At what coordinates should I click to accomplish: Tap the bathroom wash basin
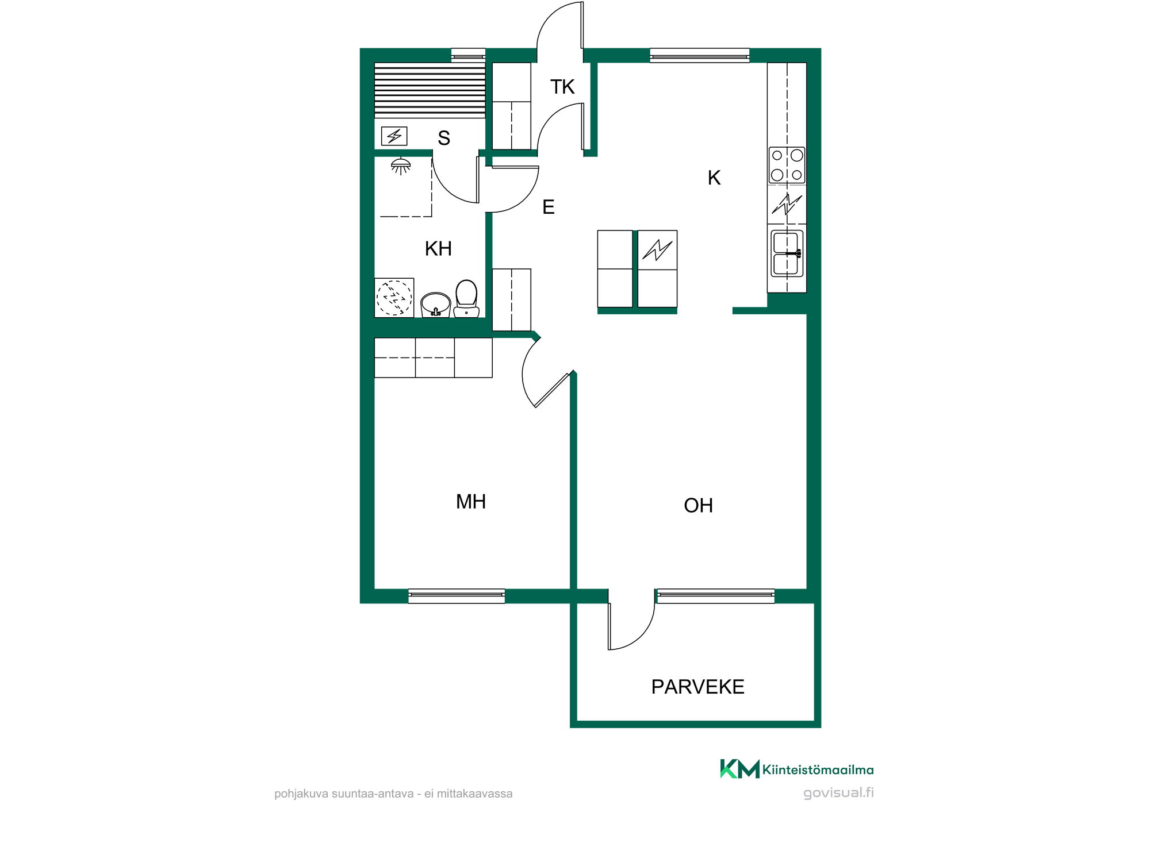click(x=436, y=305)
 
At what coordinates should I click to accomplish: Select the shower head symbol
click(x=401, y=166)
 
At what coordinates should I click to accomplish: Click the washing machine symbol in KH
click(x=394, y=298)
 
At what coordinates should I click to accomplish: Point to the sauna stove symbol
click(x=394, y=136)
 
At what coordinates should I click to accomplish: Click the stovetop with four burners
click(x=787, y=166)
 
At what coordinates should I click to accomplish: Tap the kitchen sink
click(x=787, y=253)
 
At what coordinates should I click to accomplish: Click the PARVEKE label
click(x=697, y=687)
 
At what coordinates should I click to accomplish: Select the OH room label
click(x=698, y=506)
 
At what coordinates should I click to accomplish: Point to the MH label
click(x=471, y=502)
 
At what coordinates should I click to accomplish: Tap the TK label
click(x=562, y=87)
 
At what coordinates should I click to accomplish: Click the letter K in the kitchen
click(x=714, y=178)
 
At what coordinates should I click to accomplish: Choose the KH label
click(x=438, y=249)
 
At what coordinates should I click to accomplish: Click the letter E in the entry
click(x=549, y=207)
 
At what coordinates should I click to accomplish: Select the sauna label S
click(x=444, y=138)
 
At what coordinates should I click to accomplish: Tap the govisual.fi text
click(x=838, y=793)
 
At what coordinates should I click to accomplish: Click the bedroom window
click(x=457, y=596)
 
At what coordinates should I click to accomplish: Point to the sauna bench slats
click(x=430, y=90)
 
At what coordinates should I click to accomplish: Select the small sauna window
click(x=468, y=55)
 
